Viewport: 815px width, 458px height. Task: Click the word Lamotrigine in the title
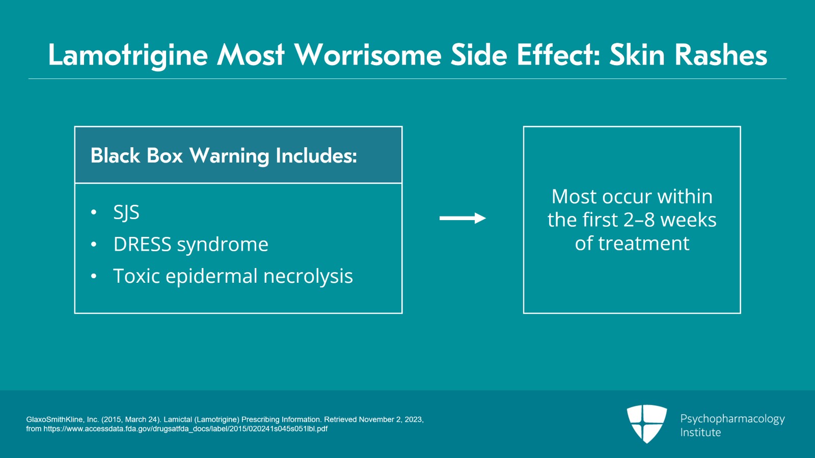[x=128, y=55]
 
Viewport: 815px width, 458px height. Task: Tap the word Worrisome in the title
[x=368, y=55]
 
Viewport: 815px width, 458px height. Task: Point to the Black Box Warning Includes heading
[x=224, y=156]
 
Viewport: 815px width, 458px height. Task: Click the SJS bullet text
[x=126, y=212]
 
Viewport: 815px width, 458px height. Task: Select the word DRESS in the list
[x=142, y=245]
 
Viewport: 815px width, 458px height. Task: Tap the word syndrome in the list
[x=223, y=245]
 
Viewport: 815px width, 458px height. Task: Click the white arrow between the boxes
[x=463, y=219]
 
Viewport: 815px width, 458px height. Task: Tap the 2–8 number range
[x=639, y=220]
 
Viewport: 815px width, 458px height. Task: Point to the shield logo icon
[x=646, y=423]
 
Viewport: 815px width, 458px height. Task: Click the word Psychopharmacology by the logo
[x=732, y=419]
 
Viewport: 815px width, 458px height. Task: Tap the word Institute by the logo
[x=700, y=433]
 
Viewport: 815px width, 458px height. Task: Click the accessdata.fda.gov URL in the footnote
[x=185, y=429]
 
